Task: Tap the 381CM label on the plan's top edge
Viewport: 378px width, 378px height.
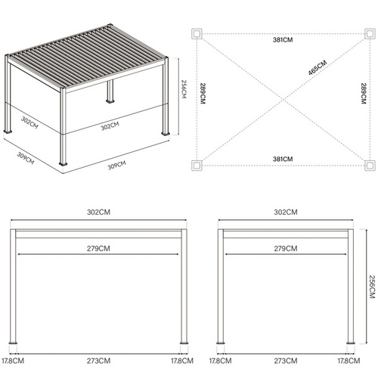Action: pos(283,40)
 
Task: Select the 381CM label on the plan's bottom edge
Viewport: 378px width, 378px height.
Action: pos(283,159)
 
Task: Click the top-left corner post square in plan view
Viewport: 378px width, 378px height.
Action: pos(197,34)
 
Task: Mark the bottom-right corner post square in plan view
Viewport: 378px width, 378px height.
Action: pos(370,164)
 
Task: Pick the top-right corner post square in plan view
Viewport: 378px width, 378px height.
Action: pos(370,34)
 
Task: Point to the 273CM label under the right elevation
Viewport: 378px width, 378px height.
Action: pos(284,361)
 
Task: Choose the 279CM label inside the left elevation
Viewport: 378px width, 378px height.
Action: pos(99,247)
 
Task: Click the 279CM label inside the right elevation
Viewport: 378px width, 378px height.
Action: pos(284,247)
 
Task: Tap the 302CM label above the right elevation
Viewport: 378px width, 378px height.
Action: pos(284,212)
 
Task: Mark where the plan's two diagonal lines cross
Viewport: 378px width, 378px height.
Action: pos(283,99)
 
